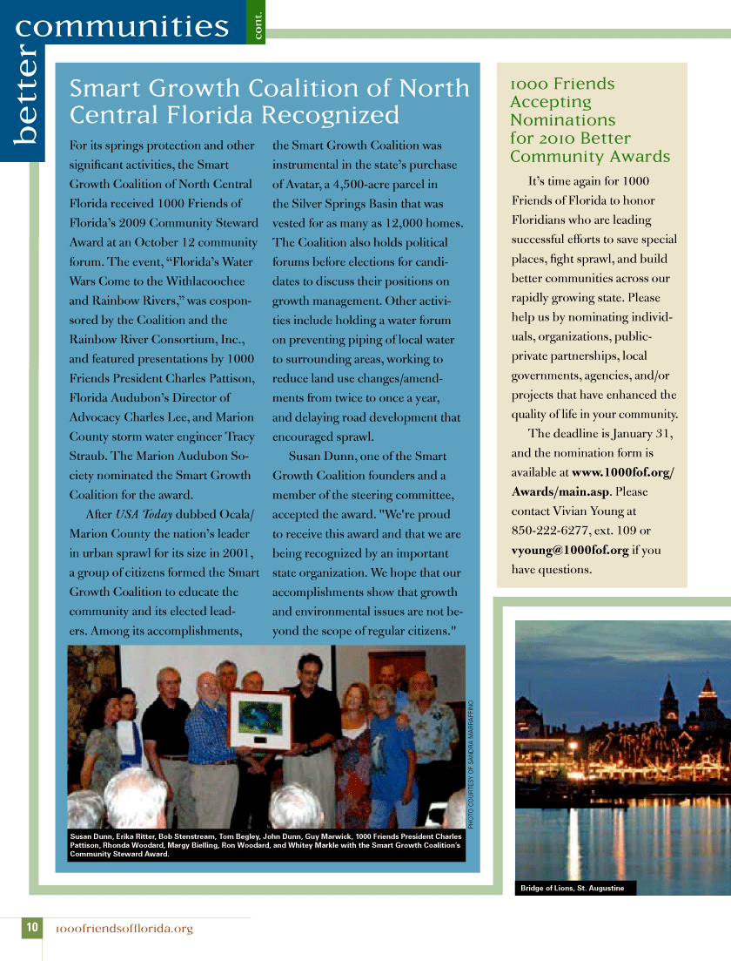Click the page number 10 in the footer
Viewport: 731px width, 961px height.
31,928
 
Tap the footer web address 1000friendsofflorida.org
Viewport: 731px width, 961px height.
124,929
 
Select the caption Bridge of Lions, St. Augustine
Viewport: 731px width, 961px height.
572,888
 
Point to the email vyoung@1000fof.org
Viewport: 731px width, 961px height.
570,551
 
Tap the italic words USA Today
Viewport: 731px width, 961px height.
144,514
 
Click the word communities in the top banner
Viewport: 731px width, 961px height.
122,26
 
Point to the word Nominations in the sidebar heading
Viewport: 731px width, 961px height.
562,120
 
